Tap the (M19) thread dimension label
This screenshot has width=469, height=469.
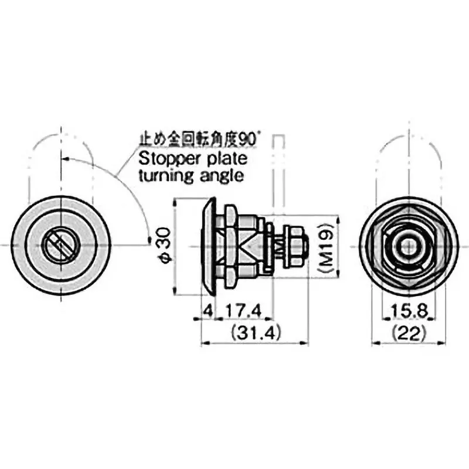pos(329,247)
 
